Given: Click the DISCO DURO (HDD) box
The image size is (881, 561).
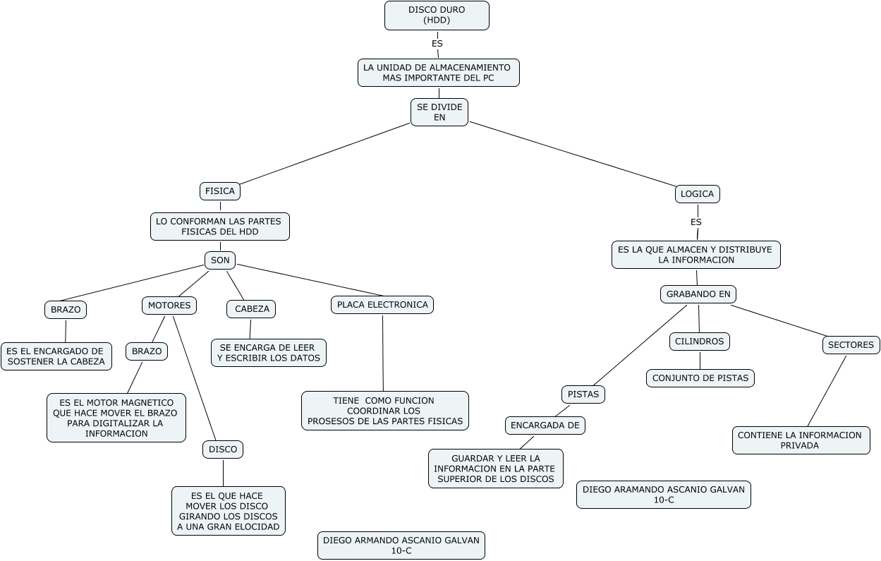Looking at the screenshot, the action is (x=437, y=16).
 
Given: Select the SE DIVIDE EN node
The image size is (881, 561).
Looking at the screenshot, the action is (x=439, y=112).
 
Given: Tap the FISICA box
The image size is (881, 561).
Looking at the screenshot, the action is (x=220, y=191).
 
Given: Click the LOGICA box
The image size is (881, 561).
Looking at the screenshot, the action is (x=698, y=194).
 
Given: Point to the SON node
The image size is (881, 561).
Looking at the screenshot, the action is (x=220, y=260).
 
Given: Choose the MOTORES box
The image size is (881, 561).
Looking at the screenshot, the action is (x=169, y=306).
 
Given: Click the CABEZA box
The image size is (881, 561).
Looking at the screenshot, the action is (x=251, y=309).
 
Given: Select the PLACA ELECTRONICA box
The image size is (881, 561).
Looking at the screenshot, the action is (x=382, y=305).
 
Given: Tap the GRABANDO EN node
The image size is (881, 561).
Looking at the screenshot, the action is (x=698, y=294).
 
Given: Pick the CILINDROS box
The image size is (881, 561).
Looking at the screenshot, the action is (x=699, y=342).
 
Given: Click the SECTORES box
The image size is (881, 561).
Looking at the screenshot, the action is (x=851, y=345).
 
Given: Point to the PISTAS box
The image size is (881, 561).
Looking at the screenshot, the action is (x=583, y=394).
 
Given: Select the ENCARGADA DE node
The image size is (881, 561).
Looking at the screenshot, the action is (x=545, y=426).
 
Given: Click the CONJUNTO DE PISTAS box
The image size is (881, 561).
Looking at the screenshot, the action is (x=700, y=378).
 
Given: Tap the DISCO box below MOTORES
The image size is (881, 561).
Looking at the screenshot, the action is (x=223, y=450).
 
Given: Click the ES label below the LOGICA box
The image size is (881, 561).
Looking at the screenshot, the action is (x=695, y=222).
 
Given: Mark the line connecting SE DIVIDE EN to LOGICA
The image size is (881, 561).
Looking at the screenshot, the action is (x=572, y=154).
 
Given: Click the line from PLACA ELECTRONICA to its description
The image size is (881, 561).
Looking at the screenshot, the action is (x=383, y=353).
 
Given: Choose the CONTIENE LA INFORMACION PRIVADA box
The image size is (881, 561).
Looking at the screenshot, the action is (x=801, y=440).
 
